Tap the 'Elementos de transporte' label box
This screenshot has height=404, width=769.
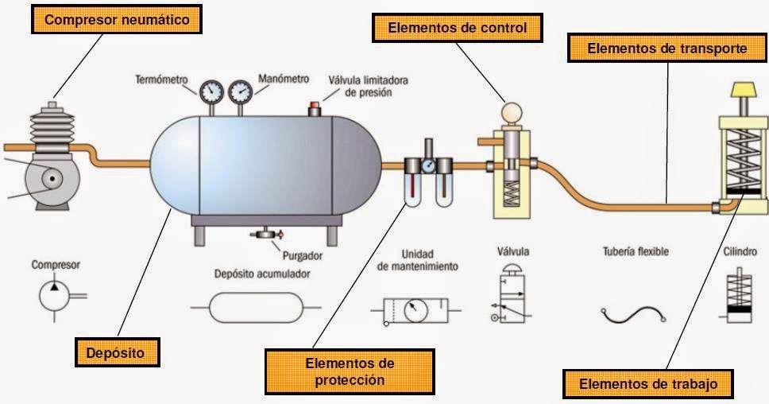point(666,49)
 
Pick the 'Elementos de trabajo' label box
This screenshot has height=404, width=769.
point(649,384)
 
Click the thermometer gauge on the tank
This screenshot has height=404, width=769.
point(212,91)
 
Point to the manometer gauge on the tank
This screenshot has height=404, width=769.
point(240,91)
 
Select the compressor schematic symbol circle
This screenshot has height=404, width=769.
point(55,295)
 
